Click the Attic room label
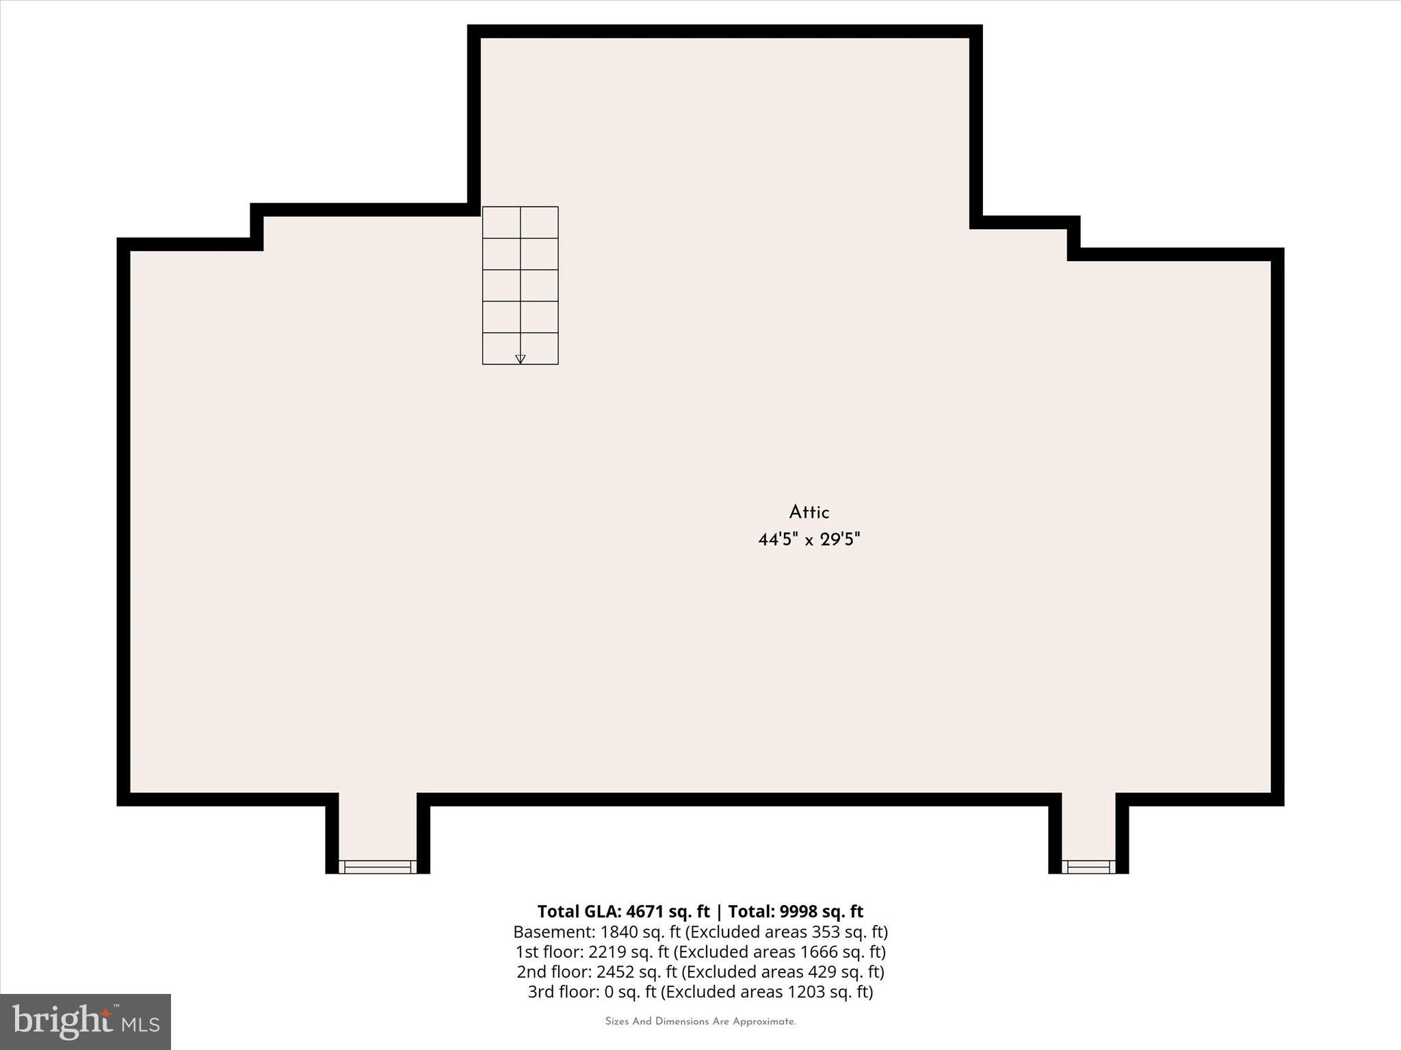point(809,512)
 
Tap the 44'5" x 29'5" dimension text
point(809,540)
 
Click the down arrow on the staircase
point(520,358)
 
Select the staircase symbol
point(520,285)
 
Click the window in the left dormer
point(378,867)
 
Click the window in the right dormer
point(1088,867)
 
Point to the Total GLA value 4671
point(644,912)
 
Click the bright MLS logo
point(86,1021)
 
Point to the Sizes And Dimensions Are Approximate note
point(700,1022)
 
